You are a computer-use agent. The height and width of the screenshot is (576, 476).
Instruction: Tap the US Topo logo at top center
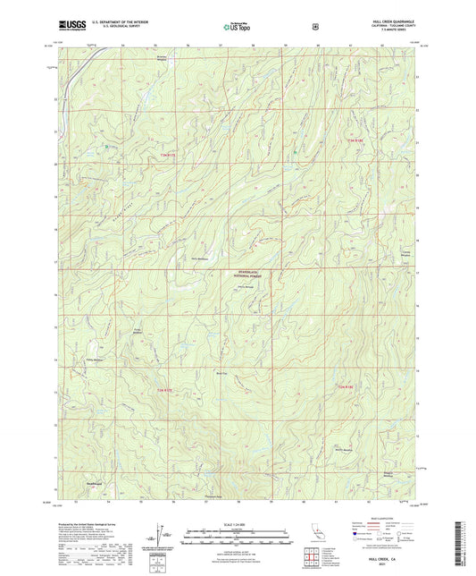(237, 27)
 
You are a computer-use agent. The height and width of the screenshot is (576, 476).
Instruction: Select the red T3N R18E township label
(355, 140)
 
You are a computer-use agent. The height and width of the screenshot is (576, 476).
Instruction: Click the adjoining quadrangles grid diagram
(312, 555)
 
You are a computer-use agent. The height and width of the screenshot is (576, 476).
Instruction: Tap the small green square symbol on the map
(107, 147)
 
